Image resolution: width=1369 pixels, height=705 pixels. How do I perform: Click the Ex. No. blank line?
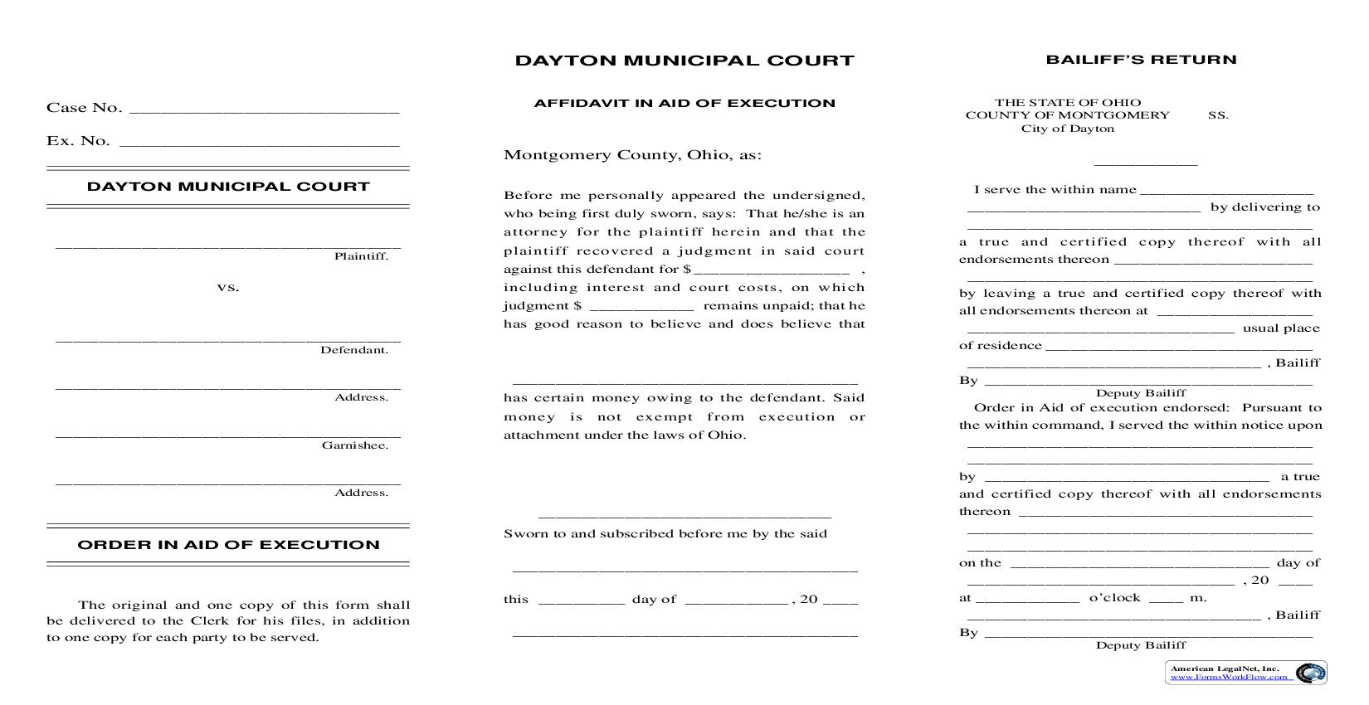point(259,143)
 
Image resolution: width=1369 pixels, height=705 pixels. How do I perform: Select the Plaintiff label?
point(361,256)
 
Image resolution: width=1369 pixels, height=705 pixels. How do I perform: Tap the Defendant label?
point(354,350)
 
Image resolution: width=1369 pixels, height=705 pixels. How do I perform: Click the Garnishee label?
point(355,445)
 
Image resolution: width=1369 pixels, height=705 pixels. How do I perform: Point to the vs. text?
point(228,288)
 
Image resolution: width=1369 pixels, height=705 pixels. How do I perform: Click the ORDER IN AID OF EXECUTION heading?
point(228,545)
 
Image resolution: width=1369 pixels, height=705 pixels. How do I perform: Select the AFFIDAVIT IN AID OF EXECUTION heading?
point(684,104)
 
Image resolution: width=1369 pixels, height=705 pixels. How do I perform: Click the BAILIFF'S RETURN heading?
point(1141,60)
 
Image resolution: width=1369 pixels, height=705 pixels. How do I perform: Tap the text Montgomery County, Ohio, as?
point(632,155)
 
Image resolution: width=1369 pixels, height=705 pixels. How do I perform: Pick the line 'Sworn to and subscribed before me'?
point(665,534)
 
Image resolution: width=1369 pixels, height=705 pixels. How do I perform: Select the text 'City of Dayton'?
point(1067,129)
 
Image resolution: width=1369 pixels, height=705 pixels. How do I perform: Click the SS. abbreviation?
point(1217,116)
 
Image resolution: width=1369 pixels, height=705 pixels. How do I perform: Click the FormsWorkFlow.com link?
point(1230,677)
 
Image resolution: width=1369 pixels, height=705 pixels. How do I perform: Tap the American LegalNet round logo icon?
point(1310,673)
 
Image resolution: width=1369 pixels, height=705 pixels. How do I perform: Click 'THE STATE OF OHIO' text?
point(1068,103)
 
